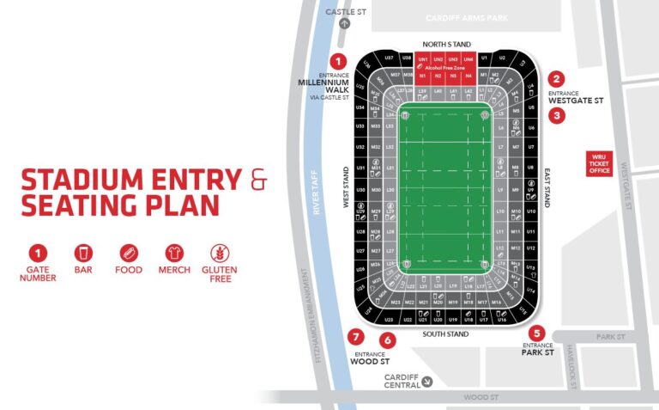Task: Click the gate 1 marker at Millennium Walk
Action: [338, 61]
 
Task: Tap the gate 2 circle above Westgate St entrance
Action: [557, 79]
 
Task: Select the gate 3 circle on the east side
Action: [557, 115]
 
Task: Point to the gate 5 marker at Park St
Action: [537, 334]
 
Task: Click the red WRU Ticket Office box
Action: [597, 163]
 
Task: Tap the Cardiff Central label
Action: [402, 381]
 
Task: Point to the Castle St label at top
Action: [346, 10]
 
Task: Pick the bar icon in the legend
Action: [84, 254]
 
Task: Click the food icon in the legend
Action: [130, 254]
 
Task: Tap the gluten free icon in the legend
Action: [221, 254]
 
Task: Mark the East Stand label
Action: [547, 194]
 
